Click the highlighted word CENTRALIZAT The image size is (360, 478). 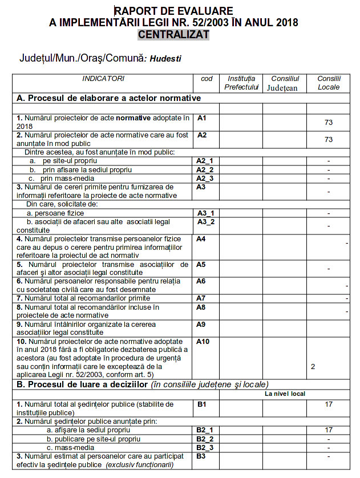(173, 35)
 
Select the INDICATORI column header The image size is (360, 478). (103, 79)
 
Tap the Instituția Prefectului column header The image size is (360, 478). (241, 83)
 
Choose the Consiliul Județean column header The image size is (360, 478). (285, 83)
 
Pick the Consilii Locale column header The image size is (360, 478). (329, 83)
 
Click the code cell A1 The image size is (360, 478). (201, 118)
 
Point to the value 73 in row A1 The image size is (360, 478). (328, 123)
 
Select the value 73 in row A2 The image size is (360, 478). (328, 140)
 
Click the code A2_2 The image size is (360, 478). (204, 169)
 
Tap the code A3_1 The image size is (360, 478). (205, 213)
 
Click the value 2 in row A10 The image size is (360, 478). (313, 366)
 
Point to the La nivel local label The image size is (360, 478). (285, 394)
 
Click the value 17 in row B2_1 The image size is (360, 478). (328, 430)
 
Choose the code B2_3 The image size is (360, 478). (204, 447)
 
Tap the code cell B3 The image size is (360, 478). (201, 456)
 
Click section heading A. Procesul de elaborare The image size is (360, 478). (109, 98)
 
